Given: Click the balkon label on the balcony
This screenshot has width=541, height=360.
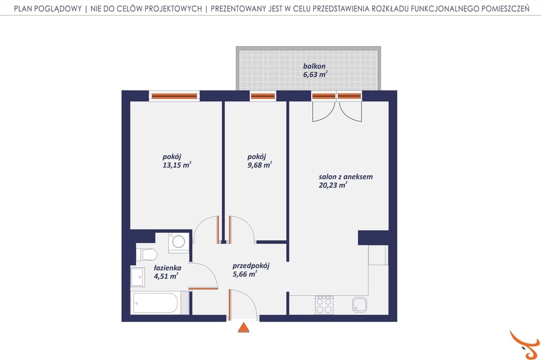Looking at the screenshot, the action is [314, 66].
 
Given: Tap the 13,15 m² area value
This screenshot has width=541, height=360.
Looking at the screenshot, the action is [176, 165].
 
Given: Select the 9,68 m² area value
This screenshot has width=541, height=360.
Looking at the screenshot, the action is [259, 165].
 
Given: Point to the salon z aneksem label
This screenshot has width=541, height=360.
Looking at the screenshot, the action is [346, 176].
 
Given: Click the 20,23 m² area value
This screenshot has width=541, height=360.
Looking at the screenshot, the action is [333, 185].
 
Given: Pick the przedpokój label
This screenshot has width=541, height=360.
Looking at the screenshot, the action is [251, 266].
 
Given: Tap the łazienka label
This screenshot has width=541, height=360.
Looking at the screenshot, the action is [167, 268].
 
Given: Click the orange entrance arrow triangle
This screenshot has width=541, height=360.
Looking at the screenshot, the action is [244, 327].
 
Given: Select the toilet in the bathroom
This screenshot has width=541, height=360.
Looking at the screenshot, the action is [147, 254].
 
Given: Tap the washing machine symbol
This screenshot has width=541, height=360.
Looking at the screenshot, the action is [179, 241].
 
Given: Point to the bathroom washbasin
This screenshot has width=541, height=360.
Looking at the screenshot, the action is [138, 277].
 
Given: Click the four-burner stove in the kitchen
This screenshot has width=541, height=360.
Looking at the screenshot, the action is [324, 305].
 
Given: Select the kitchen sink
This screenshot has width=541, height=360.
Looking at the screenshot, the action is [359, 305].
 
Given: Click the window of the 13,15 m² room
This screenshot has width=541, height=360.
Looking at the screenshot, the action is [174, 96].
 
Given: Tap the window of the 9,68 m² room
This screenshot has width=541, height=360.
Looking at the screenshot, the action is [263, 96].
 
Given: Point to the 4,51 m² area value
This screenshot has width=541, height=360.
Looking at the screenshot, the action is [166, 276].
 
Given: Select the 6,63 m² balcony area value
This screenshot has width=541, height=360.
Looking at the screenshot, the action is [315, 74].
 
